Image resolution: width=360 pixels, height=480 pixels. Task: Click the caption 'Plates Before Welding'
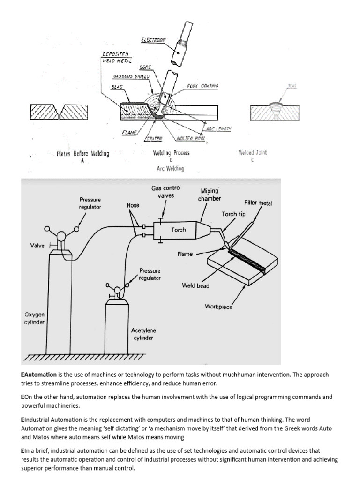coord(82,153)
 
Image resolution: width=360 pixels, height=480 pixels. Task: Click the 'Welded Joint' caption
coord(252,153)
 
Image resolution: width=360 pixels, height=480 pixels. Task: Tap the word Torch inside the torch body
coord(179,230)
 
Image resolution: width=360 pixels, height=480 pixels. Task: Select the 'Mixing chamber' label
coord(210,195)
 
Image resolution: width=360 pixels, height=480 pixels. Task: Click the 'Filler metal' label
coord(258,203)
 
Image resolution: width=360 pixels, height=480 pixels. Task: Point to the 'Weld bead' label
coord(195,285)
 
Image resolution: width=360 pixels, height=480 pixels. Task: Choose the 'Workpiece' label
coord(218,307)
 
